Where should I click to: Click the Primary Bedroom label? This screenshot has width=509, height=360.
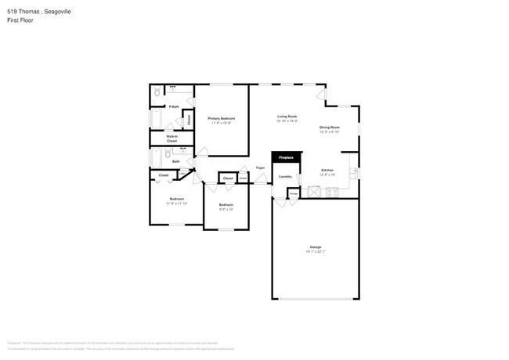[222, 118]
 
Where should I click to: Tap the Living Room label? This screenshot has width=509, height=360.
[287, 116]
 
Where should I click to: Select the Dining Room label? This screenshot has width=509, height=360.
[329, 127]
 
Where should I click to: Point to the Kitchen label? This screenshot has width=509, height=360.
[328, 170]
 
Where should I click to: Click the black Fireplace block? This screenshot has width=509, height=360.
[286, 158]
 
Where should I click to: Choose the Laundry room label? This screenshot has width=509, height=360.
[285, 176]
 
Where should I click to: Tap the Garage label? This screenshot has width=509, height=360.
[315, 247]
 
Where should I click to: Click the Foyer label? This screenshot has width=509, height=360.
[260, 167]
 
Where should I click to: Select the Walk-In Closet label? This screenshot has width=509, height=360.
[171, 139]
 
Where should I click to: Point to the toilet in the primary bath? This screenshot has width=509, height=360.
[157, 92]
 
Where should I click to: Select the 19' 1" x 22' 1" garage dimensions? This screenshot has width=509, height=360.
[315, 251]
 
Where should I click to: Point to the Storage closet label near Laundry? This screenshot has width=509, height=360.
[293, 193]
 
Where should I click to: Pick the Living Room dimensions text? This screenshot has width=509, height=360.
[287, 121]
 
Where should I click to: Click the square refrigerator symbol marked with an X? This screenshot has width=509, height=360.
[314, 191]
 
